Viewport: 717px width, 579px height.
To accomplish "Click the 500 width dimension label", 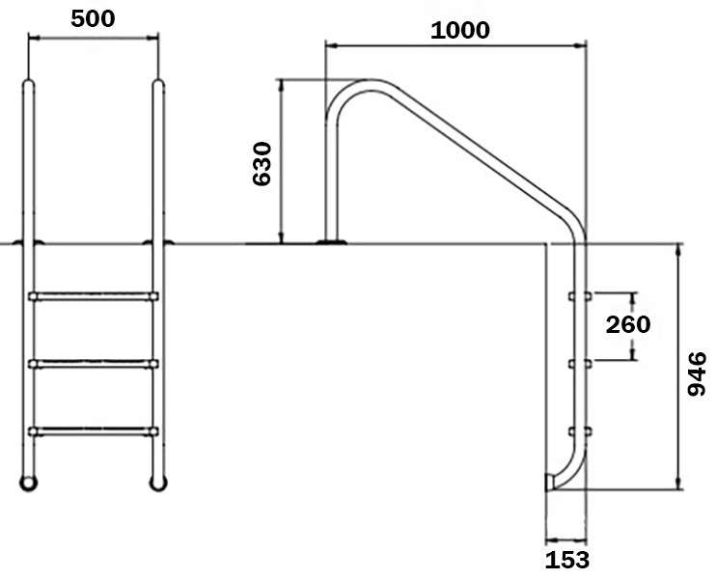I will [94, 18].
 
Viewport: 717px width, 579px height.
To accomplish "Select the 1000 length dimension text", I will [459, 29].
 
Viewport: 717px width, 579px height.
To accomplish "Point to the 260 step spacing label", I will [627, 324].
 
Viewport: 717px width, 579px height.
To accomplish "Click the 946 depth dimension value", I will [697, 373].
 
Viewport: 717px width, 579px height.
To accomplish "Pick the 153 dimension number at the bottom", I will [565, 559].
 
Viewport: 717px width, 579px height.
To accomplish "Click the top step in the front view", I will [94, 296].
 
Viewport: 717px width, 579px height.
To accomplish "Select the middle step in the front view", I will [94, 364].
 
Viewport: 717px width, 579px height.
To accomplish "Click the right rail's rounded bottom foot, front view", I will [157, 481].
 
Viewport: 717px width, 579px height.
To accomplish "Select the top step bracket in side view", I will [581, 295].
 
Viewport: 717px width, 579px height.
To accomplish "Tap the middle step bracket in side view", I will [581, 364].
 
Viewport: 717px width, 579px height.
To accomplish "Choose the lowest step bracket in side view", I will [581, 430].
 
